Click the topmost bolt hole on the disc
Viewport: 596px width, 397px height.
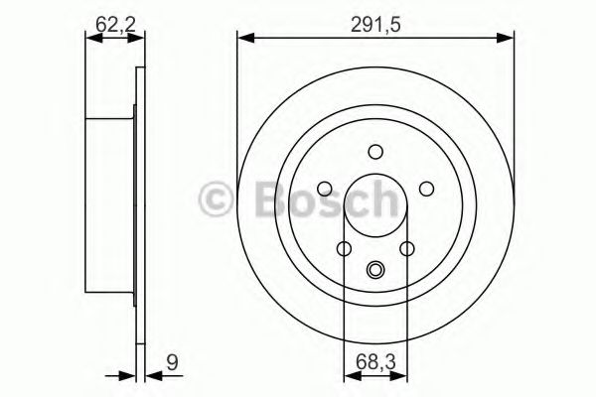coord(375,152)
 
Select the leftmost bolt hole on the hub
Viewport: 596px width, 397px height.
coord(325,189)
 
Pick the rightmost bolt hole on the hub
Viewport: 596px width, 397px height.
coord(426,189)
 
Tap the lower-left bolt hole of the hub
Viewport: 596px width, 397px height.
coord(344,249)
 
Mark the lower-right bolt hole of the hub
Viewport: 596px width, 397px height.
coord(407,249)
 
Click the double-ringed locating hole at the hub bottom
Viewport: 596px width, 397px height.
coord(375,268)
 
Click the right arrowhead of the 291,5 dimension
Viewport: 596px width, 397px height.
coord(509,39)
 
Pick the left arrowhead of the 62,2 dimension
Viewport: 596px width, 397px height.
coord(92,39)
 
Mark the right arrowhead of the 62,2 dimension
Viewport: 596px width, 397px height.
coord(139,39)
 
